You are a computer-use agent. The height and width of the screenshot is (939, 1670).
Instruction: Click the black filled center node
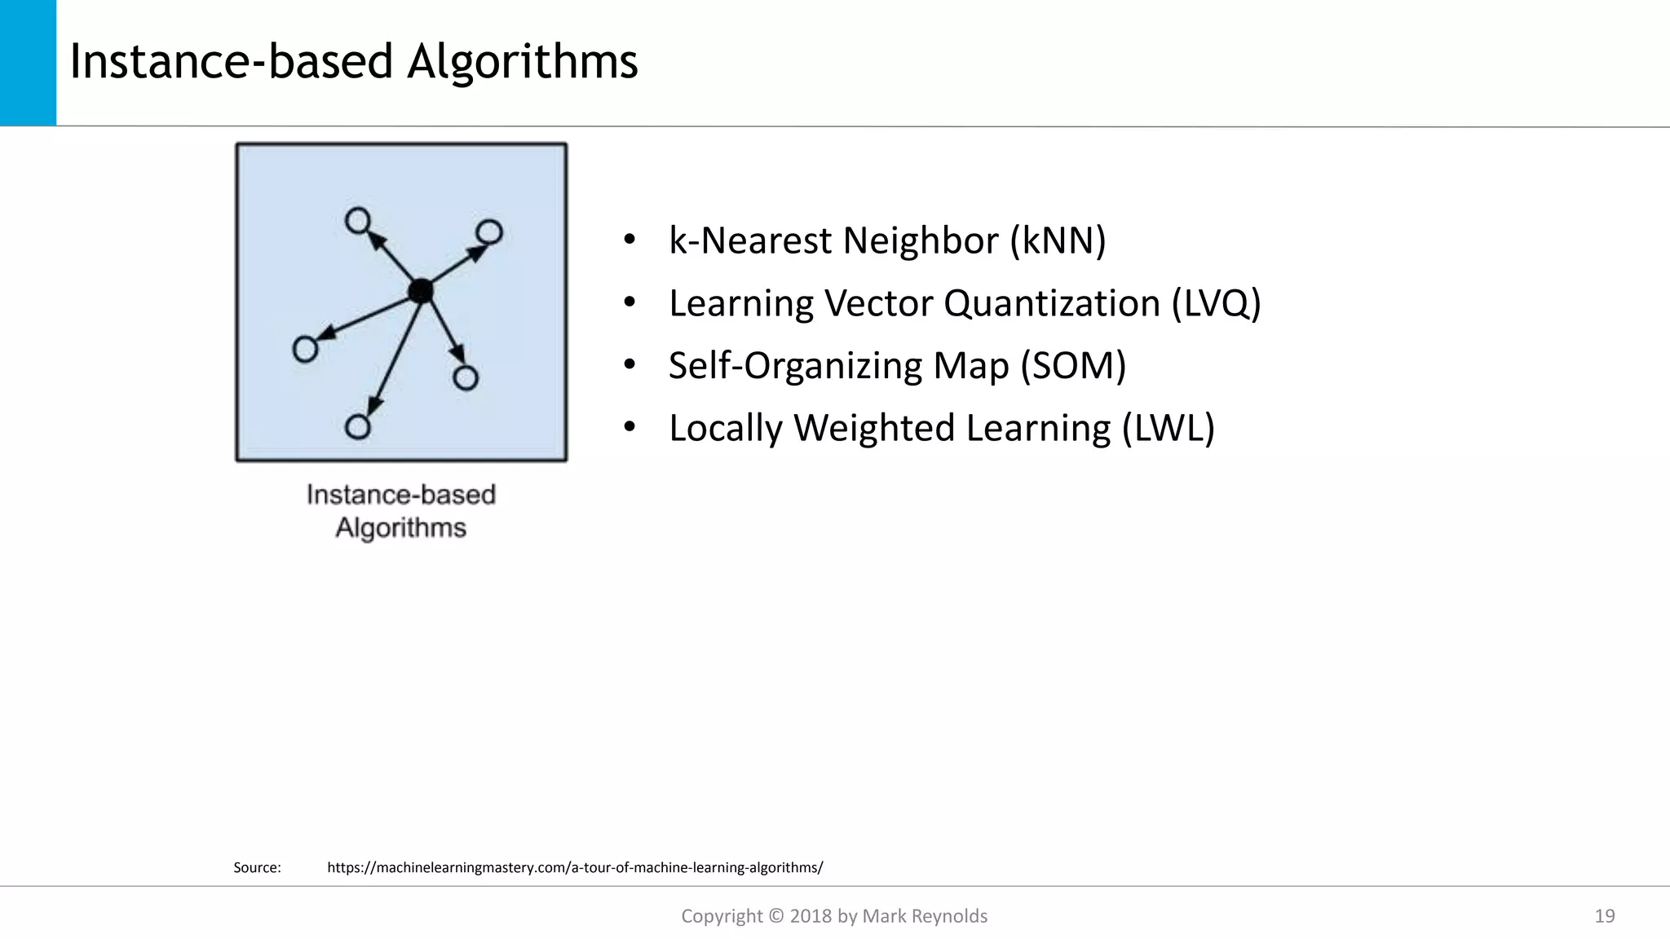click(421, 291)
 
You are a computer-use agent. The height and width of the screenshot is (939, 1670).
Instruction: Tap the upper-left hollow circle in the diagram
click(358, 221)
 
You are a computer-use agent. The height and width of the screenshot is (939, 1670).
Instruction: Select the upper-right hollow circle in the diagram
click(489, 232)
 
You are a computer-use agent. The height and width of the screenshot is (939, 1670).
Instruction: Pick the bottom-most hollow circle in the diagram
click(358, 427)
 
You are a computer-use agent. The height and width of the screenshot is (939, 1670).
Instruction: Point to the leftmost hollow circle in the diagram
click(305, 350)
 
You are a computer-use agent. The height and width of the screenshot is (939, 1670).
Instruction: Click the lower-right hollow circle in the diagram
click(466, 378)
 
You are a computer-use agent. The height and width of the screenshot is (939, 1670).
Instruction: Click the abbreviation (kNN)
click(1058, 240)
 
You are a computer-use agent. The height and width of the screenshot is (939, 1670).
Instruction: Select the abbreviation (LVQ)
click(1216, 303)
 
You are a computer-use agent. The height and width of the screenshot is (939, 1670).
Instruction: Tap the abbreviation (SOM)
click(1073, 365)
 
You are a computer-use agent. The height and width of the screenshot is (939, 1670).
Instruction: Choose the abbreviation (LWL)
click(1168, 428)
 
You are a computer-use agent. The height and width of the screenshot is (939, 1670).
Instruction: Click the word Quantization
click(1052, 303)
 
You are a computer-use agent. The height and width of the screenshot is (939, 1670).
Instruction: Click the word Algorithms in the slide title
click(522, 61)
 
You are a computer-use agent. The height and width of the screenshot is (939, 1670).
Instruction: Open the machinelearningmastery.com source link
click(575, 867)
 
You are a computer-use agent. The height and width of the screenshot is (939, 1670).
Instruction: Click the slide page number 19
click(1604, 916)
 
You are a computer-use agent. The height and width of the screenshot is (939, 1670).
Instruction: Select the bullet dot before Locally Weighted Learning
click(629, 427)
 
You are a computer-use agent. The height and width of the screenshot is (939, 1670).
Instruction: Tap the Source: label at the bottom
click(257, 867)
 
